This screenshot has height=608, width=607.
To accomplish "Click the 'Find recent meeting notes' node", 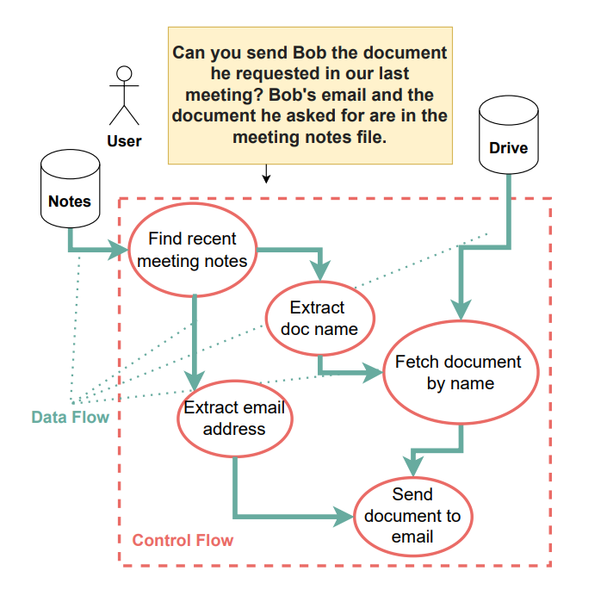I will click(192, 250).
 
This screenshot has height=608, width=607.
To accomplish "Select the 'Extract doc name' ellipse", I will click(318, 318).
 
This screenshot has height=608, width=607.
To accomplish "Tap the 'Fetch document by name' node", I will click(460, 372).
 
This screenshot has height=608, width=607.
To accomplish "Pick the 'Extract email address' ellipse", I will click(234, 418).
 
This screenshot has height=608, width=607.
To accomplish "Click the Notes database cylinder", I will click(70, 191).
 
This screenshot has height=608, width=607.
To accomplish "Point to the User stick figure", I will click(125, 96).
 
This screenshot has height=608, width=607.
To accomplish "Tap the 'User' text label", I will click(125, 141).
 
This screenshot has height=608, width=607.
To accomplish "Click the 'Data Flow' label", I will click(71, 418).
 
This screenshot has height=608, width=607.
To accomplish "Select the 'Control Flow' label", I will click(183, 541).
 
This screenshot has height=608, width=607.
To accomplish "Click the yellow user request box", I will click(310, 95).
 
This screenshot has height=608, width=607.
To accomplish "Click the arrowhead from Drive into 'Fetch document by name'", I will click(462, 311).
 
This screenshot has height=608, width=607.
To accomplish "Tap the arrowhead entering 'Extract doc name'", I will click(319, 274).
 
